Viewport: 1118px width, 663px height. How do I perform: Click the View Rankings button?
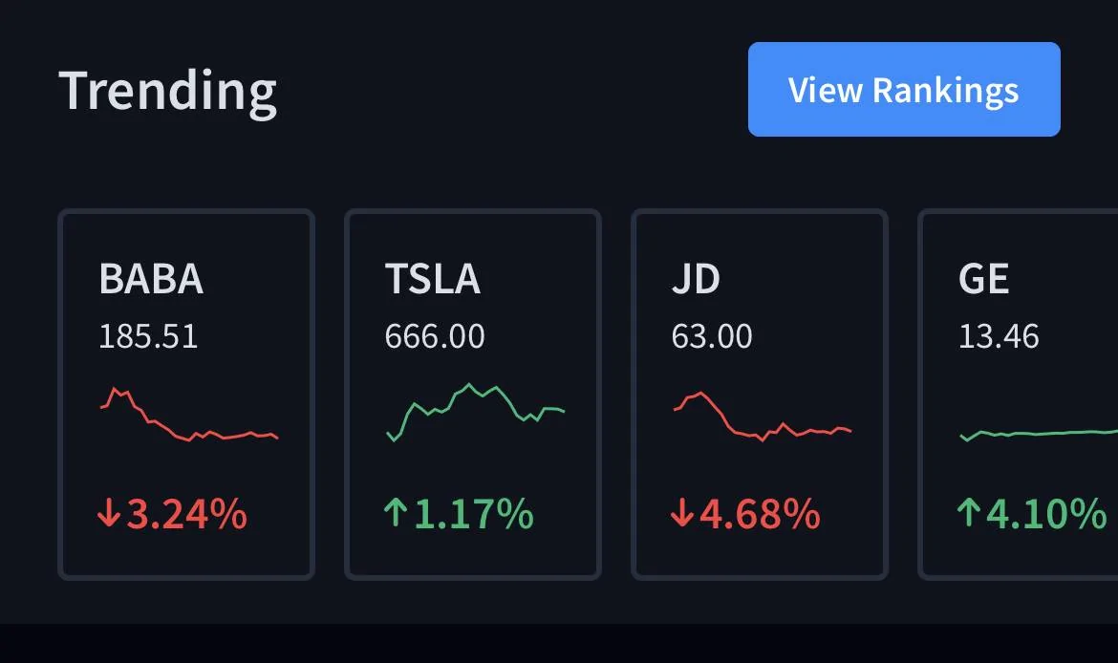[904, 89]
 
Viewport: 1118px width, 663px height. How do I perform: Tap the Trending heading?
[167, 92]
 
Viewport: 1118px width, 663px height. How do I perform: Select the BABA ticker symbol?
[151, 278]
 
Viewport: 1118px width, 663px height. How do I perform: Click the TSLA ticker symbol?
[433, 278]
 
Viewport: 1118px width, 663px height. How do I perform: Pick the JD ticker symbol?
[696, 278]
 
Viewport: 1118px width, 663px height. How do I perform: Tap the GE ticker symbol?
[984, 278]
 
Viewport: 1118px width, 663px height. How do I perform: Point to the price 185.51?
[148, 336]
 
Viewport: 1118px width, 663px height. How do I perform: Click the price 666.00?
[435, 336]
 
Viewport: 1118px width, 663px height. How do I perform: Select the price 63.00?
[712, 336]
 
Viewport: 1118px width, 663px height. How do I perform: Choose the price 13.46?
[999, 336]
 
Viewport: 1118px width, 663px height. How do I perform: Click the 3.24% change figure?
[186, 514]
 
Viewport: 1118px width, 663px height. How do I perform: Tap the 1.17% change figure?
[473, 514]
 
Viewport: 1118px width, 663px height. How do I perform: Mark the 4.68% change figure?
[760, 514]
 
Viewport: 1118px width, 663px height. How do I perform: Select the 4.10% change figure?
[1046, 514]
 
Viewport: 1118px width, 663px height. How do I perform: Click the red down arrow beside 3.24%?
[108, 513]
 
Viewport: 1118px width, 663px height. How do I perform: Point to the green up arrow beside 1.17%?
[395, 513]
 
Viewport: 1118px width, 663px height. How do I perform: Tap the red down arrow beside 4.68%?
[681, 513]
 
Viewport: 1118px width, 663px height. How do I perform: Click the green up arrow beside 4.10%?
[968, 513]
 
